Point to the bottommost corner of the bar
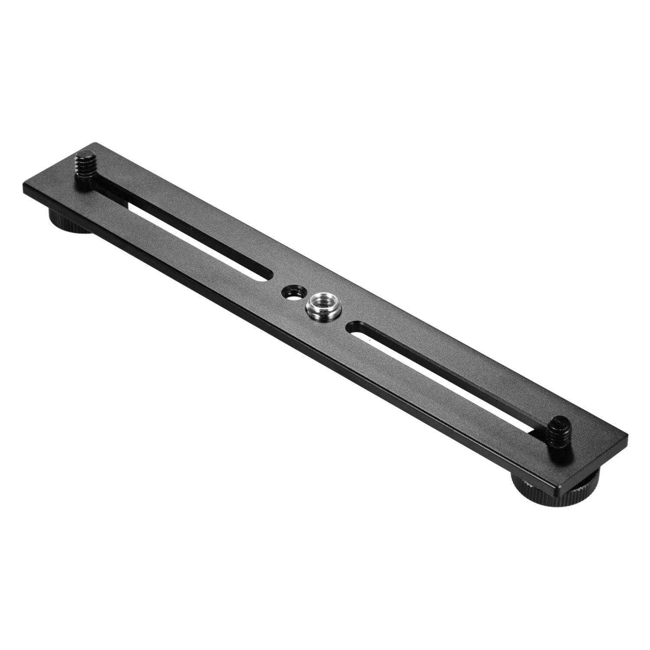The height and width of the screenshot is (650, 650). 559,493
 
